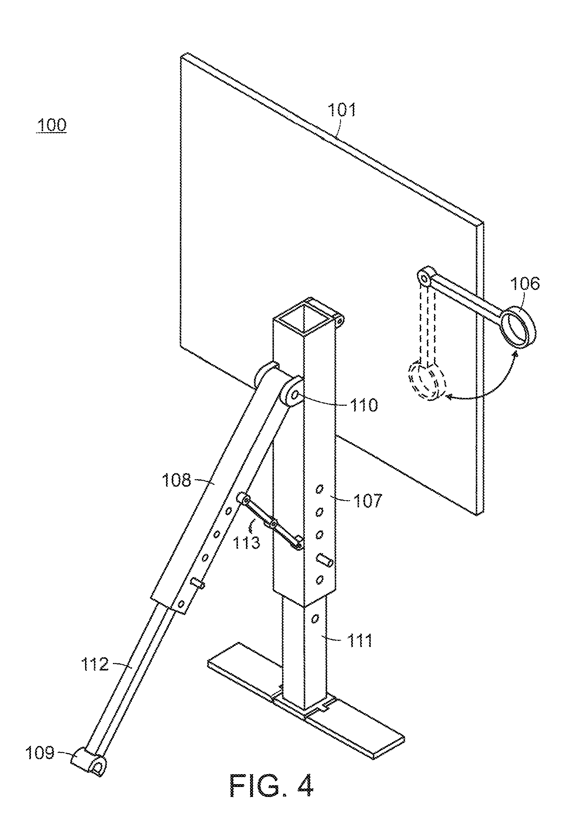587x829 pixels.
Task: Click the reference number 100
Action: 51,125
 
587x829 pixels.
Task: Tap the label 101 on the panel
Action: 342,109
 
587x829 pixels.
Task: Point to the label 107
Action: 367,501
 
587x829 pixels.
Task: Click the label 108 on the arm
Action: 176,481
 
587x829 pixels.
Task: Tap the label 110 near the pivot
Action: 363,405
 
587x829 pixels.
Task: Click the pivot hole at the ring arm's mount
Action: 422,278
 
